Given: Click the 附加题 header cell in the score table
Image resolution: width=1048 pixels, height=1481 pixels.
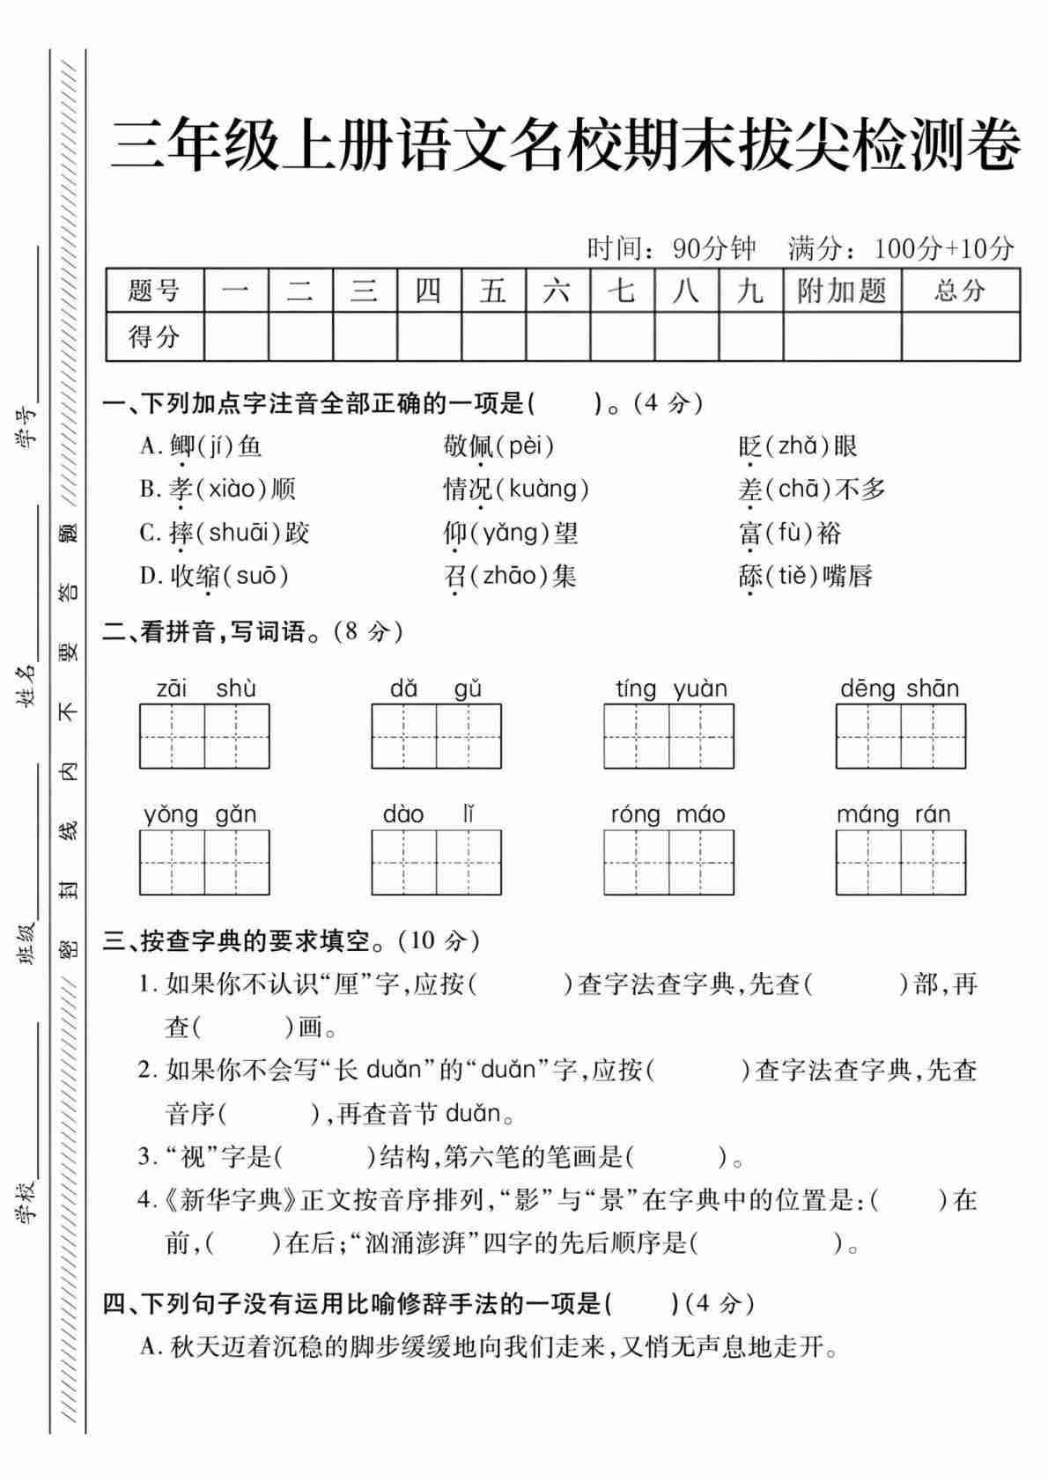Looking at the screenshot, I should click(x=841, y=291).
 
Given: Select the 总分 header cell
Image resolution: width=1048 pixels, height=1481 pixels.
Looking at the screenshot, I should click(x=960, y=291).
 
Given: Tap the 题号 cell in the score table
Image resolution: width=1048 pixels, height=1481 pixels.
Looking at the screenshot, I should click(x=154, y=291).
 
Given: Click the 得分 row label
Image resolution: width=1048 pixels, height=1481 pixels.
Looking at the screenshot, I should click(x=154, y=336).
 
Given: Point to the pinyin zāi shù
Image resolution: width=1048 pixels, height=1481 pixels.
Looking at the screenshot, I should click(x=205, y=689).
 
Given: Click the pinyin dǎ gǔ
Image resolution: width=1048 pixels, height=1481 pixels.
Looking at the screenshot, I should click(x=436, y=689).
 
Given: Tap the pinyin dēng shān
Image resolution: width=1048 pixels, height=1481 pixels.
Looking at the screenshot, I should click(x=899, y=689).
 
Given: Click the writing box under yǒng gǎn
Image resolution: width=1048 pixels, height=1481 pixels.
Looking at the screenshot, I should click(x=204, y=862).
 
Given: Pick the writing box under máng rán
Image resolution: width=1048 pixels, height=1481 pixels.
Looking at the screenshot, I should click(x=900, y=862).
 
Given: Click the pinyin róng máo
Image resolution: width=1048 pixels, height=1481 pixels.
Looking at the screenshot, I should click(x=668, y=814).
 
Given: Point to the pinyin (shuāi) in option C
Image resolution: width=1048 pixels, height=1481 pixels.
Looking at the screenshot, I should click(x=235, y=533).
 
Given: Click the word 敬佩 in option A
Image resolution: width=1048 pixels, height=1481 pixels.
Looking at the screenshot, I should click(x=468, y=446).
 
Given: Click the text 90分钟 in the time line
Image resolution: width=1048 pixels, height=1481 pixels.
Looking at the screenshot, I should click(x=713, y=249).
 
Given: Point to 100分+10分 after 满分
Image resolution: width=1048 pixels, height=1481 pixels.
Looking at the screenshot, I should click(x=943, y=249).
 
